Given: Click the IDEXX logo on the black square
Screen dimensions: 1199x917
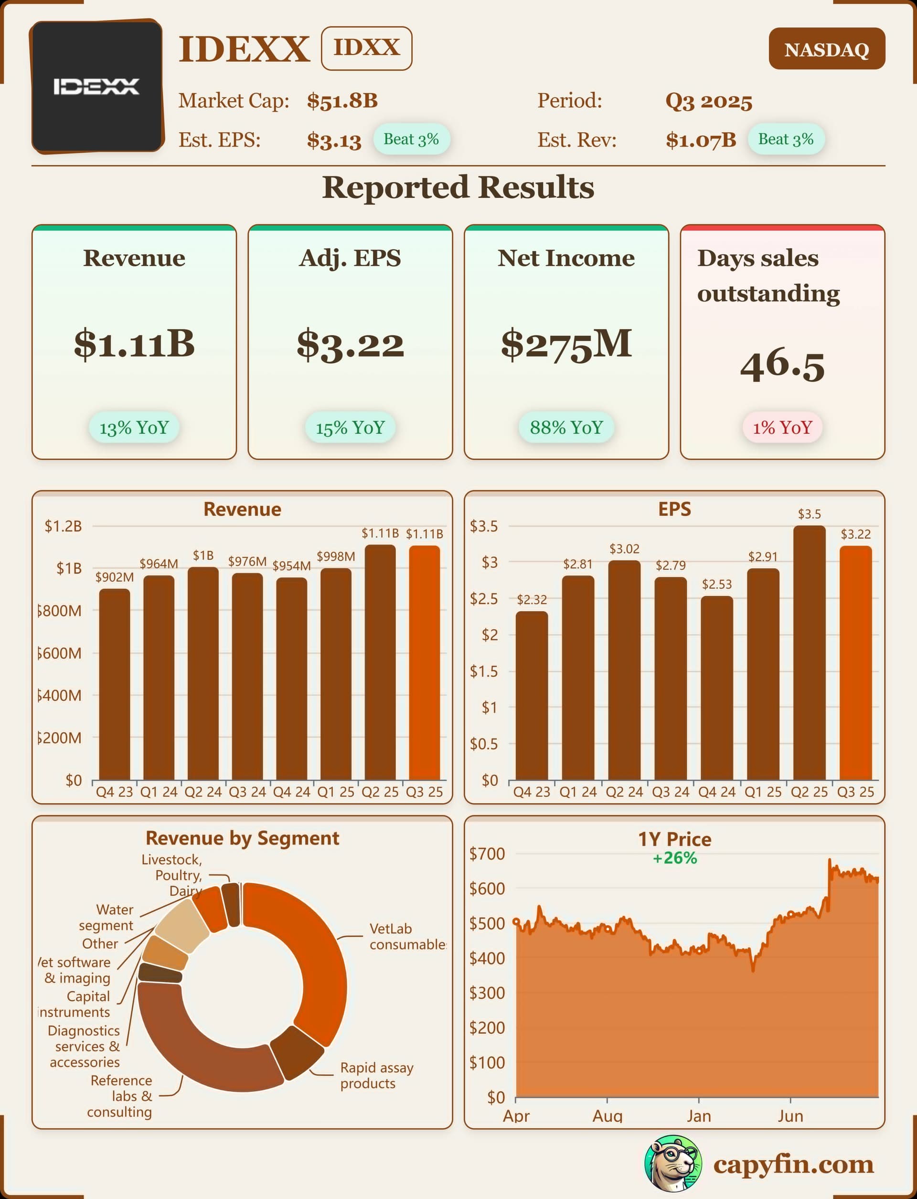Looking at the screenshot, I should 96,86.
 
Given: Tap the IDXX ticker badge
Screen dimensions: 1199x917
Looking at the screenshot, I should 366,48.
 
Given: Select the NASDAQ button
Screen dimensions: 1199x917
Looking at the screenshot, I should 826,49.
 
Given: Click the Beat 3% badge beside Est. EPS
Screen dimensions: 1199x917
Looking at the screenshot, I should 411,139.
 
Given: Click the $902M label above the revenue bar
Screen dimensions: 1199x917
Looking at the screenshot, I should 115,577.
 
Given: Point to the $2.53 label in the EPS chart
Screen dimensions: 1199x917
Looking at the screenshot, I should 717,584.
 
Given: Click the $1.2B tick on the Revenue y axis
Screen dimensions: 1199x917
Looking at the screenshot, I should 64,526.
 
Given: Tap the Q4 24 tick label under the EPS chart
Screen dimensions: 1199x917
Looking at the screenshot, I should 717,792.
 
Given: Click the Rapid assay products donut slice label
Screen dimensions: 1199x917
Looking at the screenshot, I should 377,1075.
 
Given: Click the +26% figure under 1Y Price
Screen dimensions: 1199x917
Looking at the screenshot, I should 675,858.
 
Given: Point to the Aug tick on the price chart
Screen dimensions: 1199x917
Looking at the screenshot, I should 607,1115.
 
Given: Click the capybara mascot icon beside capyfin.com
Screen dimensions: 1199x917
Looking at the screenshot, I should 672,1164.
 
